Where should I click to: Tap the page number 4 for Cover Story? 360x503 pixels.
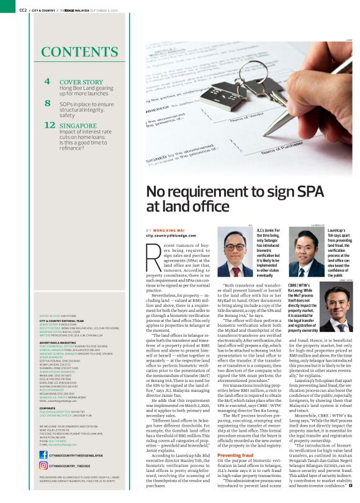point(47,82)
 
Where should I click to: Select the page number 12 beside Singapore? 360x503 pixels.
point(50,125)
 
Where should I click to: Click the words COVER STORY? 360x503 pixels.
point(81,82)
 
